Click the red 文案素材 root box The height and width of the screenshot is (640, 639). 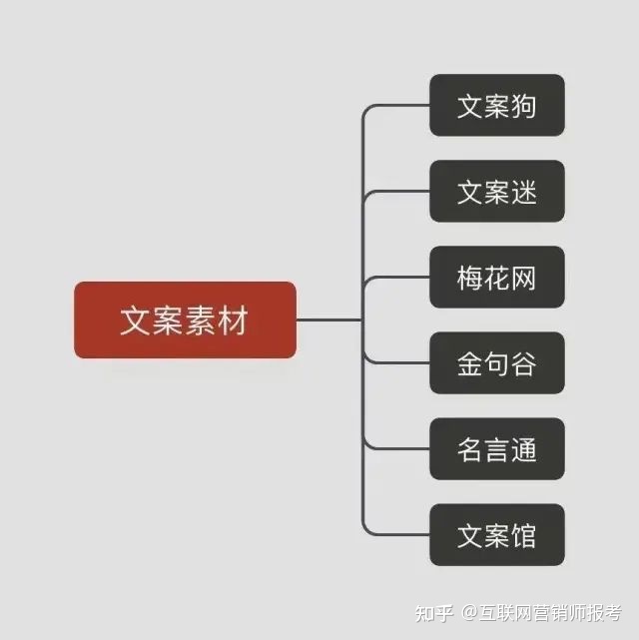coord(185,320)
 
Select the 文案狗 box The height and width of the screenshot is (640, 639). coord(496,105)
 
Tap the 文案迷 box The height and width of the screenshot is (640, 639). coord(496,191)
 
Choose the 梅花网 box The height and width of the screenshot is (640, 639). coord(496,277)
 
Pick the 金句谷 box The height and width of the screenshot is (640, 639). coord(496,363)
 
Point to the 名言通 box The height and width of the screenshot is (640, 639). coord(496,449)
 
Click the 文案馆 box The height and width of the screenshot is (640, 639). coord(496,535)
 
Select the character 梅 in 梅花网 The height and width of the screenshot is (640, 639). coord(470,278)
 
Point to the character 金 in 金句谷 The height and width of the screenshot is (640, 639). coord(470,363)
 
